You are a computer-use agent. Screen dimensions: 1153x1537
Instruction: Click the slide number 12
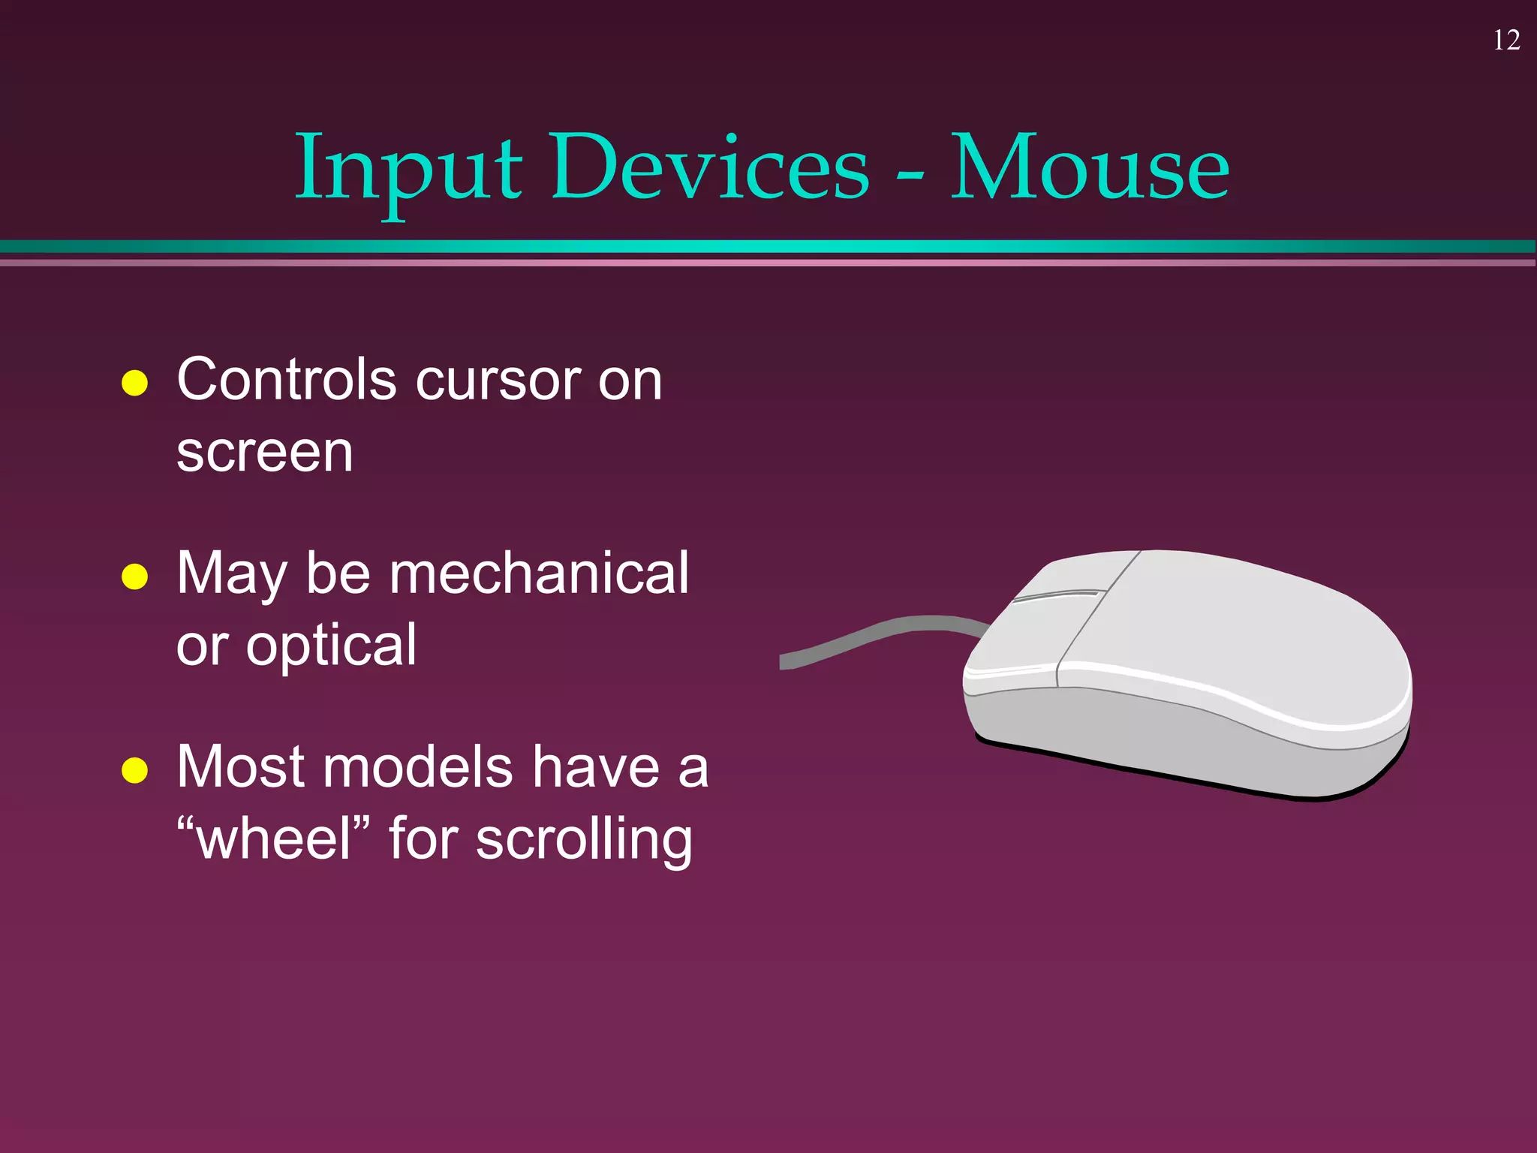(x=1506, y=41)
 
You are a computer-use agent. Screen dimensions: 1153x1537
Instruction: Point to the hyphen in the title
(x=910, y=176)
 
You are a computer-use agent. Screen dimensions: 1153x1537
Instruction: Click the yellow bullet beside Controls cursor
(x=134, y=383)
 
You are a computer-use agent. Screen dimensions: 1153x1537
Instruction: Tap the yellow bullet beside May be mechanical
(x=134, y=576)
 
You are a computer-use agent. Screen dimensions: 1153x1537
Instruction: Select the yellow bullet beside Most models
(x=134, y=770)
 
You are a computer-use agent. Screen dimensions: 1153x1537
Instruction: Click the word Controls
(x=286, y=380)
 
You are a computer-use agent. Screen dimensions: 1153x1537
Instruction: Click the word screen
(x=264, y=453)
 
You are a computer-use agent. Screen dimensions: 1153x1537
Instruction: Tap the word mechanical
(x=538, y=573)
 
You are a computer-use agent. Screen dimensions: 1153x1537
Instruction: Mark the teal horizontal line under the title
(x=768, y=247)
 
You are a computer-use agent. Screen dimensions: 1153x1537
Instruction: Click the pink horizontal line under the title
(x=768, y=263)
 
